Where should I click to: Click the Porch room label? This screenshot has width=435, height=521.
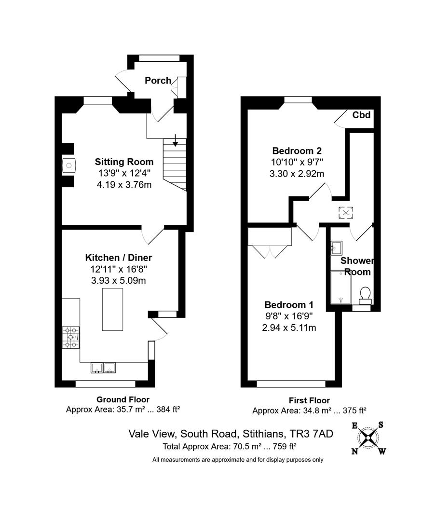pos(158,81)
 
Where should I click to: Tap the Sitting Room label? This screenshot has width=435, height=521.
pos(124,162)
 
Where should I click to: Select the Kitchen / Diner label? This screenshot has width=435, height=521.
pos(119,258)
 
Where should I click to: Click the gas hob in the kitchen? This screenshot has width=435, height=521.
pos(71,338)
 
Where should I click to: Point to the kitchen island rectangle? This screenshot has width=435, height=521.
pos(112,309)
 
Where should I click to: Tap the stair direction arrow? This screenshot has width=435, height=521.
pos(175,140)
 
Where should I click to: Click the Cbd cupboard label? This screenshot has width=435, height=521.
pos(361,115)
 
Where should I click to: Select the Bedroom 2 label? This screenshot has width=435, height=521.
pos(297,151)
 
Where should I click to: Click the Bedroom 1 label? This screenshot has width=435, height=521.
pos(289,305)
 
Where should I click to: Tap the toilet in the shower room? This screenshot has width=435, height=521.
pos(365,295)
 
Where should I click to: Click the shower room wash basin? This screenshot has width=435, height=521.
pos(337,248)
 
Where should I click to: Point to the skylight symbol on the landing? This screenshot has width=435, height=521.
pos(346,213)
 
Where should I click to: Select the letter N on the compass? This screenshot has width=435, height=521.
pos(354,451)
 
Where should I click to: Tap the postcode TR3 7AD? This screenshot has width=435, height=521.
pos(312,434)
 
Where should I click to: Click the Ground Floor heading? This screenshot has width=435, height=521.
pos(123,399)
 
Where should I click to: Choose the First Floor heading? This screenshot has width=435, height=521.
pos(309,400)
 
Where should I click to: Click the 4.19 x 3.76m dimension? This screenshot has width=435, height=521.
pos(124,184)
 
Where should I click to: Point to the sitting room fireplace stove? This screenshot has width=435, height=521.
pos(69,165)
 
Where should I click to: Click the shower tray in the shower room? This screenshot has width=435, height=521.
pos(341,287)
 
